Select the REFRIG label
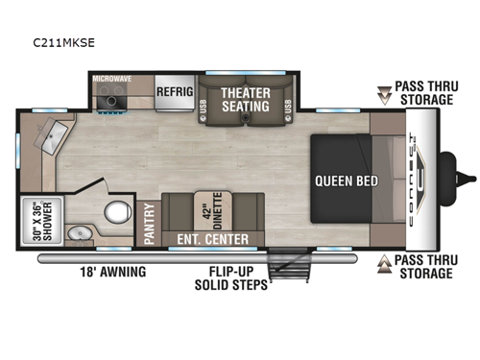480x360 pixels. pos(176,93)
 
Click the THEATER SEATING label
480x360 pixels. pos(247,98)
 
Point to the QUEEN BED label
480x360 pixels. pos(347,180)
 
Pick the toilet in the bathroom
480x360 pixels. pos(116,212)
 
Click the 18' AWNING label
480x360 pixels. pos(113,272)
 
